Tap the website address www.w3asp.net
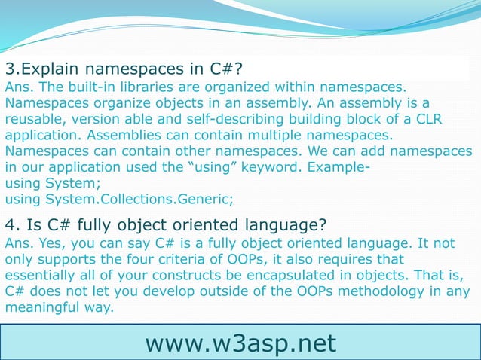(240, 343)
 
